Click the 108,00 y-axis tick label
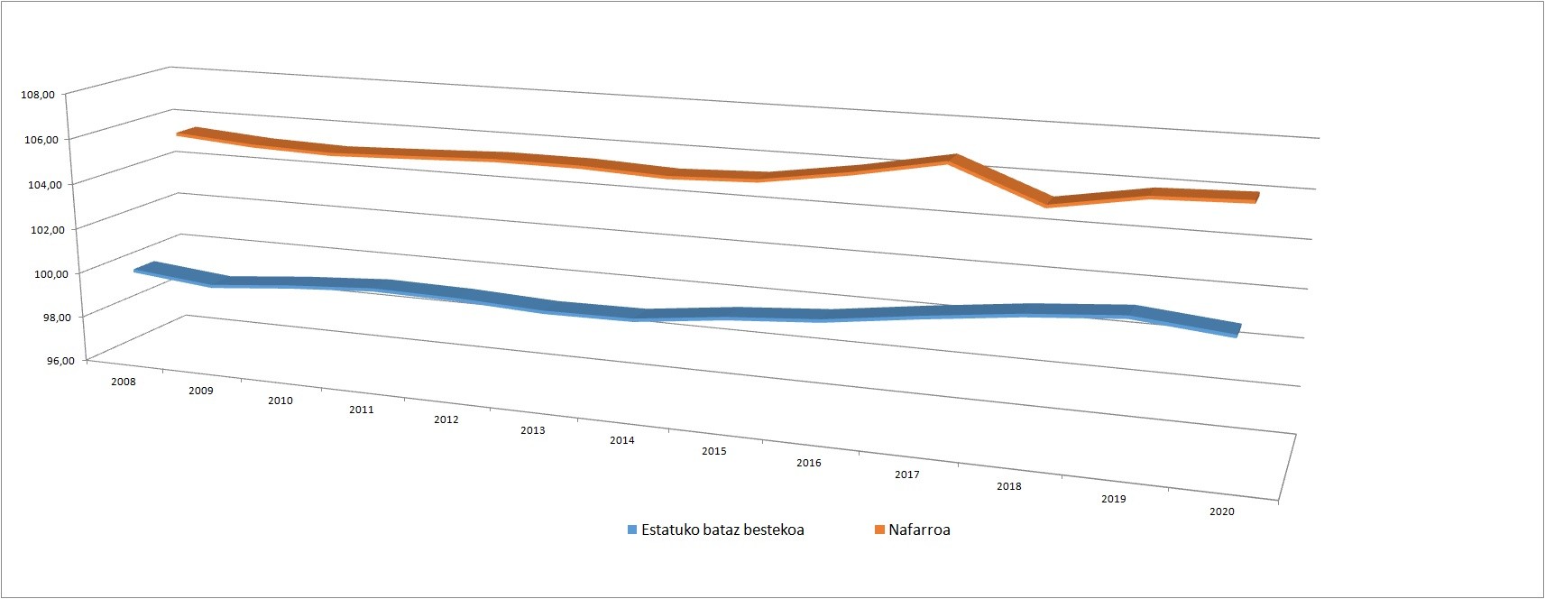(38, 95)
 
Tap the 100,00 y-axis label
(51, 274)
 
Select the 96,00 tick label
(60, 360)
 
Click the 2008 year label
(124, 382)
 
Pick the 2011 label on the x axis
(362, 410)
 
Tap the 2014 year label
(622, 440)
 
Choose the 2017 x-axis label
(907, 475)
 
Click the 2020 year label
(1222, 512)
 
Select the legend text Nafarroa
(919, 530)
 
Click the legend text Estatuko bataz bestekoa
(722, 530)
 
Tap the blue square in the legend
(631, 530)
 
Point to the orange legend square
(879, 530)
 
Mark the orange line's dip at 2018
(1048, 201)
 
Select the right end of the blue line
(1237, 330)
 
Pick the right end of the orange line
(1256, 198)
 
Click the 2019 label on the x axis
(1113, 499)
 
